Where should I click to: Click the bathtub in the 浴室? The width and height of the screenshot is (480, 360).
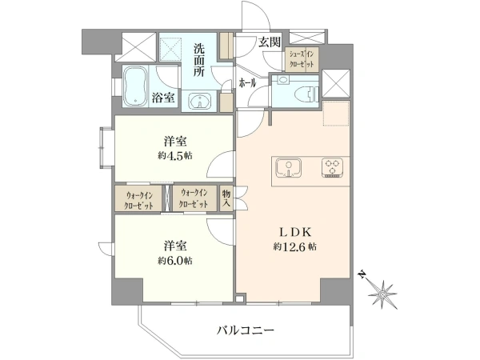click(135, 86)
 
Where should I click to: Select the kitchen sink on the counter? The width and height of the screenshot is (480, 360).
click(288, 167)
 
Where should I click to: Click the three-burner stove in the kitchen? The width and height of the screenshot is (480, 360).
click(332, 167)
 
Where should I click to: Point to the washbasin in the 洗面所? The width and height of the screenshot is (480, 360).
click(199, 101)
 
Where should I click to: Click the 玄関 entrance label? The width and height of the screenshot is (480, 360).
click(270, 42)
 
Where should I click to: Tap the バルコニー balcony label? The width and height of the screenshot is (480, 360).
click(246, 330)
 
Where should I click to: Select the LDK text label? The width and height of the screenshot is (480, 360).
click(295, 232)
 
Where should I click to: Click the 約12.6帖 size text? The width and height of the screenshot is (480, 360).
click(295, 246)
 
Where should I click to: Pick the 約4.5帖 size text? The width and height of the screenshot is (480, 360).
click(175, 155)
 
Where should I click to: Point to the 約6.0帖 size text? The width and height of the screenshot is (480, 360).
click(175, 261)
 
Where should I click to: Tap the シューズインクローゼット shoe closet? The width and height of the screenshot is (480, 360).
click(302, 59)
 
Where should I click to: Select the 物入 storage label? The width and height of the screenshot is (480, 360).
click(226, 198)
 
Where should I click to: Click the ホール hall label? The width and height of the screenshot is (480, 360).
click(247, 83)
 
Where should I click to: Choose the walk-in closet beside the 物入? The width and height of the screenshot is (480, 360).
click(194, 198)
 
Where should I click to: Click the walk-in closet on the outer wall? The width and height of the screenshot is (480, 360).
click(138, 198)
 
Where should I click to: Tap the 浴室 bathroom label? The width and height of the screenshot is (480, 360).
click(163, 98)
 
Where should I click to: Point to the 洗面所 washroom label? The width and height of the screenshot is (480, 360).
click(199, 60)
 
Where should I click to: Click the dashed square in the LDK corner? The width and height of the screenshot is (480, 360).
click(336, 113)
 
